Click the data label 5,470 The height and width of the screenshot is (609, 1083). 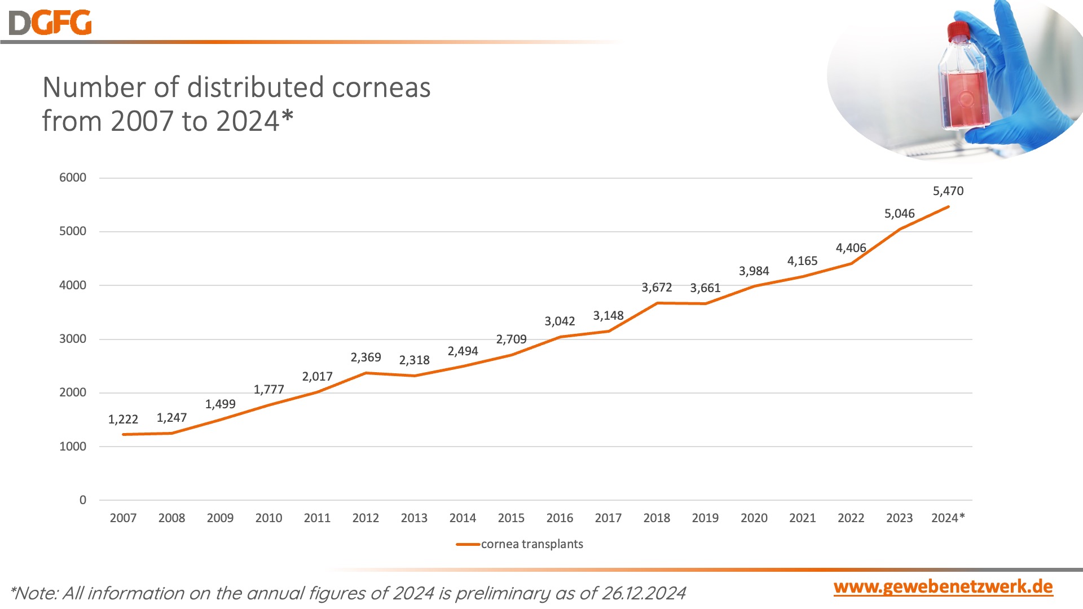(x=948, y=191)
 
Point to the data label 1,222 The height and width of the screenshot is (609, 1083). (x=123, y=420)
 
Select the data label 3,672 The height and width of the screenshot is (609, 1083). (x=657, y=288)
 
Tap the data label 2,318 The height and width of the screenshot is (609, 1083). (x=414, y=360)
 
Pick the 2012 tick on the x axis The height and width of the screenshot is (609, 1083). (x=366, y=518)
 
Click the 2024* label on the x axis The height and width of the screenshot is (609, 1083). (x=948, y=518)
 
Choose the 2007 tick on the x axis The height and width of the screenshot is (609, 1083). (x=123, y=518)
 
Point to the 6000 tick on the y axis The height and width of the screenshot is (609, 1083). (x=73, y=178)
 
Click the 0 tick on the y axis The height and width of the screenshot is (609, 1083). (x=83, y=500)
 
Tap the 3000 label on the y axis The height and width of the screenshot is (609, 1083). (x=73, y=339)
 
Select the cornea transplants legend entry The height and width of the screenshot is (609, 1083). (x=531, y=544)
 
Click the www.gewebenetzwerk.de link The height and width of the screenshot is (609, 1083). (x=943, y=587)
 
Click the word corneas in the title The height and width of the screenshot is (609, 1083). (x=381, y=88)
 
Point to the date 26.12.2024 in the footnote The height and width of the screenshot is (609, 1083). (x=644, y=593)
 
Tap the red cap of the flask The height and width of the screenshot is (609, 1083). (x=958, y=31)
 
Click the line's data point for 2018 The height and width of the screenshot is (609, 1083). (x=657, y=303)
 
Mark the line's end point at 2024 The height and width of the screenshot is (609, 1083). (x=948, y=207)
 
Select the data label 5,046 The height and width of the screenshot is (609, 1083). (x=899, y=214)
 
